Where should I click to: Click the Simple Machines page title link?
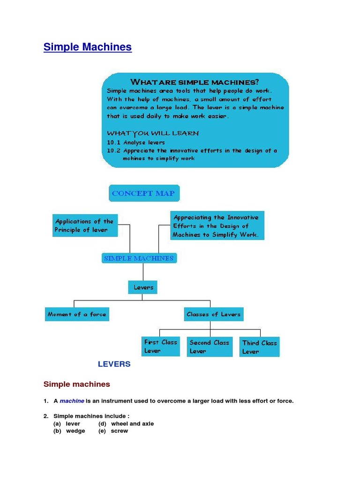tap(88, 47)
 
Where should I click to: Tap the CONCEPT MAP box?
tap(144, 193)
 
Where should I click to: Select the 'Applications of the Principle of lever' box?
tap(84, 225)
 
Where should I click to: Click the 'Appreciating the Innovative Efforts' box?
tap(217, 226)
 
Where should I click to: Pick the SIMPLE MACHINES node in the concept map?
tap(139, 258)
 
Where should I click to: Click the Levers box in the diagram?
tap(143, 287)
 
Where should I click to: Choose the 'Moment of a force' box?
tap(77, 314)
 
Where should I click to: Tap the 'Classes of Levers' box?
tap(213, 314)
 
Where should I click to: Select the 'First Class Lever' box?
tap(160, 346)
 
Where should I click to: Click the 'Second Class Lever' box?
tap(210, 347)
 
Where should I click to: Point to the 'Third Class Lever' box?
tap(259, 347)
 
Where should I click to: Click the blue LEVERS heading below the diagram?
tap(114, 364)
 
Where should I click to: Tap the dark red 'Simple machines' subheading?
tap(77, 384)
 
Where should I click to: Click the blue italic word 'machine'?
tap(72, 401)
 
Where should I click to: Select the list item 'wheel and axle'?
tap(132, 424)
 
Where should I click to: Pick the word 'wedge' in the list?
tap(75, 431)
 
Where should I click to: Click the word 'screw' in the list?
tap(119, 431)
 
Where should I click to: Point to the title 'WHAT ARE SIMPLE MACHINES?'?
tap(195, 82)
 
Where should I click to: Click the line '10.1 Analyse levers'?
tap(136, 142)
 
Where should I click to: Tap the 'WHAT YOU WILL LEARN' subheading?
tap(153, 133)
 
